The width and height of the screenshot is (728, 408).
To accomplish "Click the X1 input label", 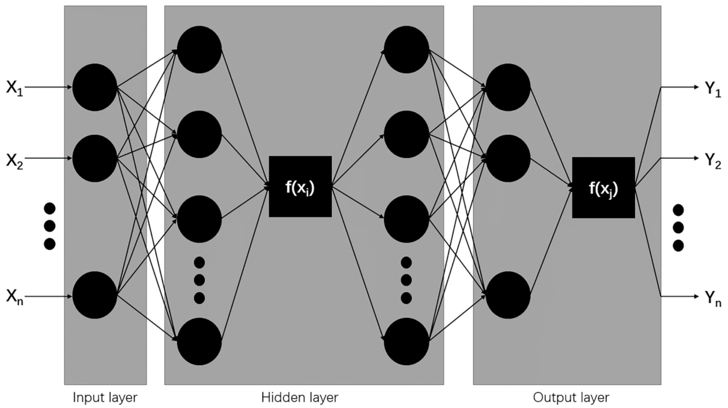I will (14, 88).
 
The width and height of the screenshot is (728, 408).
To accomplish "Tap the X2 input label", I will (14, 161).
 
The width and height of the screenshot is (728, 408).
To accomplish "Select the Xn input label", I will (14, 297).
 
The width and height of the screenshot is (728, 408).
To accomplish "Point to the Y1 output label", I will (713, 89).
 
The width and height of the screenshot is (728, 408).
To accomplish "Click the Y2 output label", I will (713, 161).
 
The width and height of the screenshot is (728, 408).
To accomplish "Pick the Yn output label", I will (713, 298).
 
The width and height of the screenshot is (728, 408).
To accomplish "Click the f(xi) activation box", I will (300, 186).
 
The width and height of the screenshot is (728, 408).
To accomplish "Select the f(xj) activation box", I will (603, 187).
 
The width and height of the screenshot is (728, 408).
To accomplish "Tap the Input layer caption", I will (105, 398).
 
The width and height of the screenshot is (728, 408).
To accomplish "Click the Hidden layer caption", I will (300, 398).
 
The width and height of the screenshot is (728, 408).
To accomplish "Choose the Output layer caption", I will (571, 398).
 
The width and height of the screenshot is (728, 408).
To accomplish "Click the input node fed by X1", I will (95, 88).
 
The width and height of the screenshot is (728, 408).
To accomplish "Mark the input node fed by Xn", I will (95, 295).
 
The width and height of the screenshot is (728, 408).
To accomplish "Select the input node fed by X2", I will (95, 158).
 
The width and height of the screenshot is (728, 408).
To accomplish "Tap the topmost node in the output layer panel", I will (508, 88).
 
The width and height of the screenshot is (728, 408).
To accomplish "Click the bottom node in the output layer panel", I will (508, 295).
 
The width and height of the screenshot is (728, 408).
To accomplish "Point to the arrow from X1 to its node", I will (48, 87).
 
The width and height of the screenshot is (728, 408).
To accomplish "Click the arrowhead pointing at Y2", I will (696, 158).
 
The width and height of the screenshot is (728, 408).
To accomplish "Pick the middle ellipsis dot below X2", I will (50, 226).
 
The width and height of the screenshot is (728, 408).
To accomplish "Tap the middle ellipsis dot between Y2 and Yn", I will (678, 227).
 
